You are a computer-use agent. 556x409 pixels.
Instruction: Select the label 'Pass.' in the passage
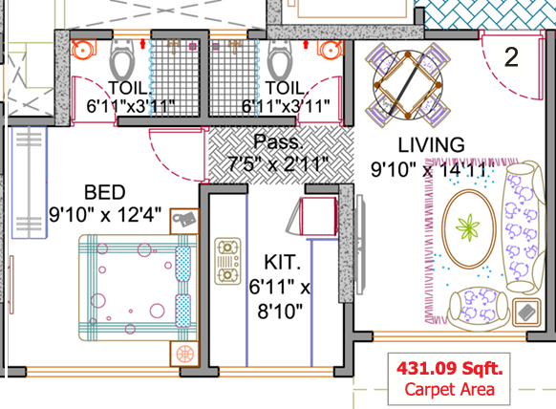coord(277,143)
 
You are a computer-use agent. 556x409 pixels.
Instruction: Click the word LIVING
coord(431,144)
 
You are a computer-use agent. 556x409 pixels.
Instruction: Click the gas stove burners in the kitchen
coord(226,260)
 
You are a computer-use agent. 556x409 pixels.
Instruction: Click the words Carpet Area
coord(449,388)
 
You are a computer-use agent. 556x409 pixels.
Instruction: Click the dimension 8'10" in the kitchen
coord(278,310)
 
